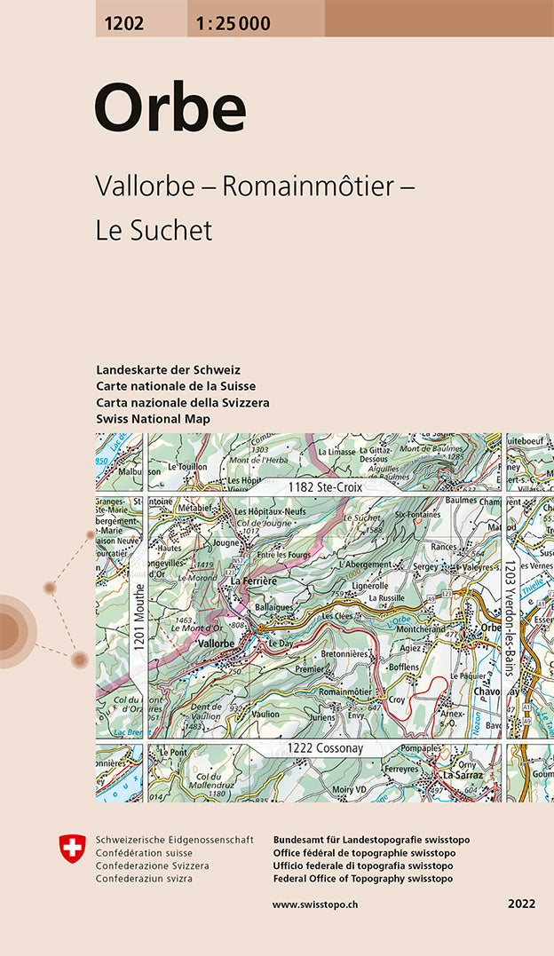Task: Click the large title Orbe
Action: tap(170, 109)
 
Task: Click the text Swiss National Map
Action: tap(153, 418)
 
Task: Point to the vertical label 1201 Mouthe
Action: tap(139, 619)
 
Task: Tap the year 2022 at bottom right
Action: tap(522, 905)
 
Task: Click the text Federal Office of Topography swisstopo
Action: tap(363, 878)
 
